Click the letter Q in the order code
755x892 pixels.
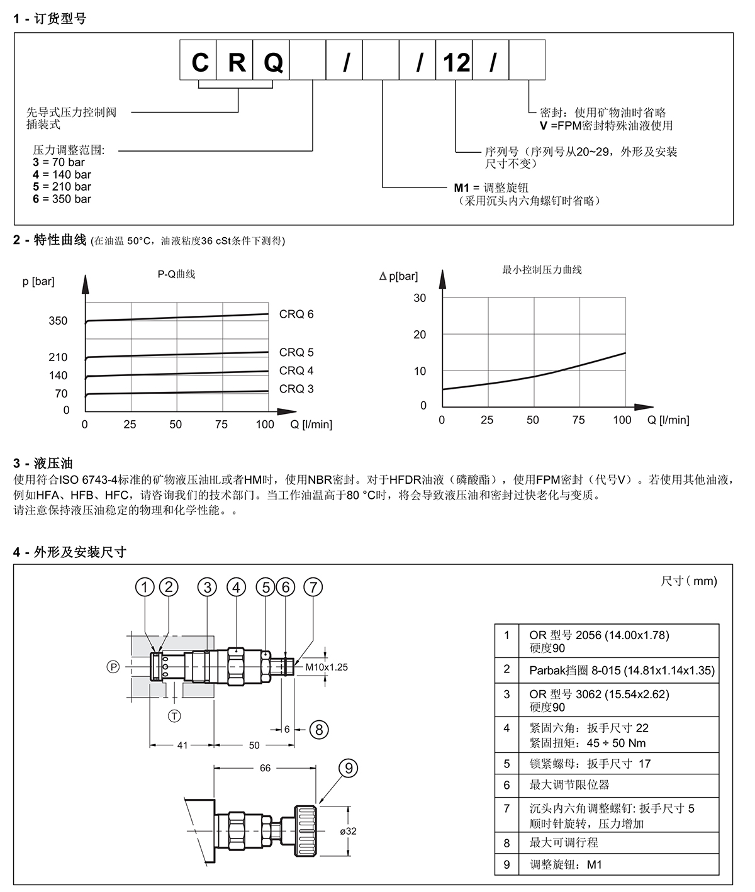tap(272, 62)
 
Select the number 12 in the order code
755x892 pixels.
tap(456, 62)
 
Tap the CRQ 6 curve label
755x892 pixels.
tap(296, 315)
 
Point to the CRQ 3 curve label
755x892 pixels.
tap(296, 389)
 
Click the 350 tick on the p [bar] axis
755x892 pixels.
tap(58, 321)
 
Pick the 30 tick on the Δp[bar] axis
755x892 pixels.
tap(420, 298)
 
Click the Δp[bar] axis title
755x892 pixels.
tap(398, 276)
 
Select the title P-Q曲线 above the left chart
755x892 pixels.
tap(176, 274)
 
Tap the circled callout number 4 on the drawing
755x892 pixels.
tap(237, 588)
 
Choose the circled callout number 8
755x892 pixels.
tap(319, 729)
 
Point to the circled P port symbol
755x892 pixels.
tap(113, 667)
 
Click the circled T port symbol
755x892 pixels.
tap(174, 716)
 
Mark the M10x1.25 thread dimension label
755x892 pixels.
tap(327, 667)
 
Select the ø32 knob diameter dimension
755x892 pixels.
tap(348, 831)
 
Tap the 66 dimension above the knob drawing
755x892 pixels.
tap(265, 768)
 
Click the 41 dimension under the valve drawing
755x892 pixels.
tap(182, 745)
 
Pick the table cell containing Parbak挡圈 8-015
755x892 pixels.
tap(622, 671)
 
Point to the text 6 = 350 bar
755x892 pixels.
tap(62, 199)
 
